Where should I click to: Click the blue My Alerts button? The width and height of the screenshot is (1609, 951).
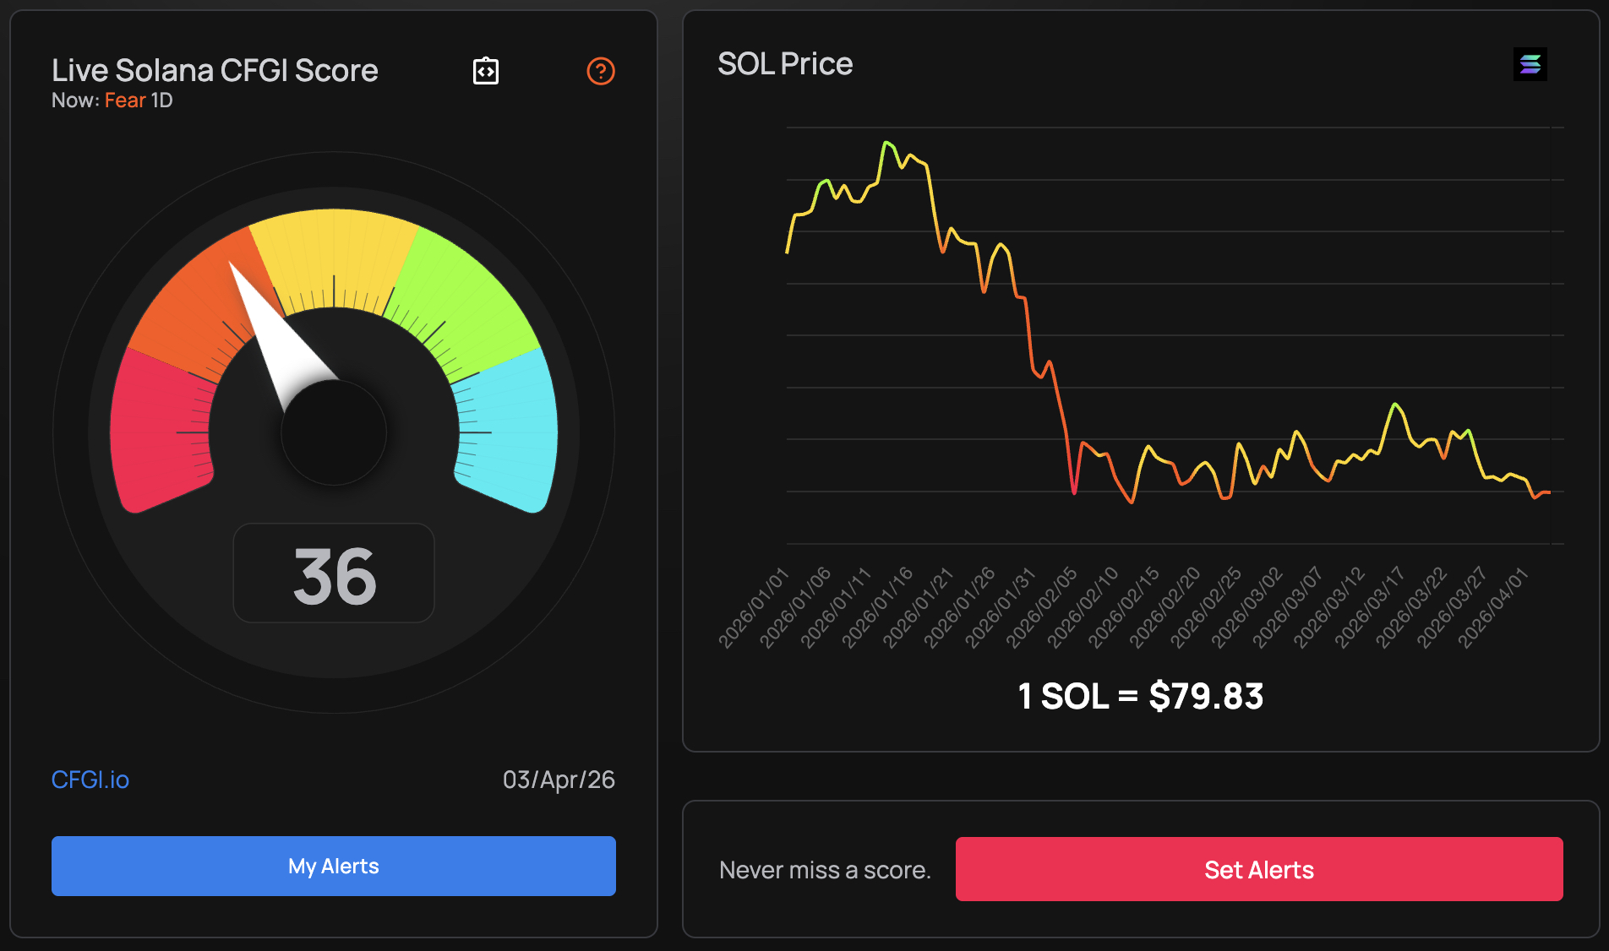[333, 866]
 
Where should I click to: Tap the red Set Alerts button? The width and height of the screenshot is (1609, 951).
[1258, 869]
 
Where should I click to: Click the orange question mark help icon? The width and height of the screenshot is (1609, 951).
[601, 71]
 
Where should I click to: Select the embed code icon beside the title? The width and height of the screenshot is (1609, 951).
[486, 71]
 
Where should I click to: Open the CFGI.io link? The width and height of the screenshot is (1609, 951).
[90, 780]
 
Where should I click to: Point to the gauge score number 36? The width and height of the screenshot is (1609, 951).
[334, 577]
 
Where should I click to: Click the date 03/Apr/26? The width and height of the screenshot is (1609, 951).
[559, 780]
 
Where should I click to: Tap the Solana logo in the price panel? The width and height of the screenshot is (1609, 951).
[1530, 64]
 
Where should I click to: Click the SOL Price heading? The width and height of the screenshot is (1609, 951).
[785, 64]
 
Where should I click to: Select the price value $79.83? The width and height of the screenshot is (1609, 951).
[1206, 697]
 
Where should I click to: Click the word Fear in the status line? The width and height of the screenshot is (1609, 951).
[125, 101]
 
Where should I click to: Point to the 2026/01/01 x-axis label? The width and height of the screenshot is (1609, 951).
[753, 608]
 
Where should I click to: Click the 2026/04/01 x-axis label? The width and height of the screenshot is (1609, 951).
[1493, 608]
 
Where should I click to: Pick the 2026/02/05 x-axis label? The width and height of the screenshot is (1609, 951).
[1041, 608]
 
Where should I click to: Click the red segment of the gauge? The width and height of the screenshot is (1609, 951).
[156, 431]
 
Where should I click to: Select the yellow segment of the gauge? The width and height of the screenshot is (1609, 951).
[334, 245]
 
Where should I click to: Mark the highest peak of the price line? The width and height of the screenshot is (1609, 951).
[886, 143]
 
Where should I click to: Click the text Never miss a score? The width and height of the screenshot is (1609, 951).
[825, 870]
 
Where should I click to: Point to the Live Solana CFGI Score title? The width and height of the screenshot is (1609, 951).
[215, 71]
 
